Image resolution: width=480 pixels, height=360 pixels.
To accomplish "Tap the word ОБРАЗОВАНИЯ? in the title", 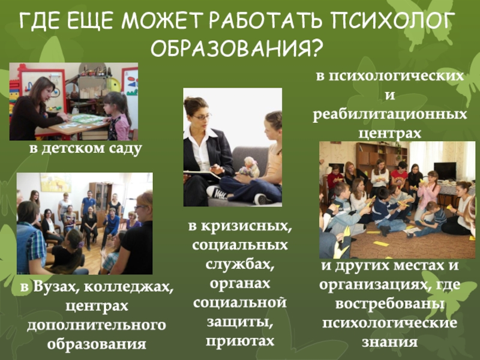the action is click(x=237, y=48).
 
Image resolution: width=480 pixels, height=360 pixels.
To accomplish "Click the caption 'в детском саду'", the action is click(x=86, y=148).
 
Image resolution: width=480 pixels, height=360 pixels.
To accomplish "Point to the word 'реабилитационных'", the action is click(x=389, y=115).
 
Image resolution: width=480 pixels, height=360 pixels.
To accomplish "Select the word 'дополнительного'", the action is click(x=97, y=325).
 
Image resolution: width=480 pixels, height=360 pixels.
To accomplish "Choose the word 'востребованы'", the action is click(x=389, y=304).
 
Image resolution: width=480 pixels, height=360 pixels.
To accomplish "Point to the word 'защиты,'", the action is click(x=240, y=322).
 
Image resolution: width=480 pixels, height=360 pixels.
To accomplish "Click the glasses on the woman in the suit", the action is click(x=202, y=116).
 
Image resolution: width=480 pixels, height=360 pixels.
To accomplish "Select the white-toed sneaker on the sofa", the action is click(x=217, y=192).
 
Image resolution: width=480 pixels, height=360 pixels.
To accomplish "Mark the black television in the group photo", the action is click(x=445, y=170).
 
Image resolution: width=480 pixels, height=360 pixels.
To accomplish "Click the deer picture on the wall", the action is click(x=56, y=183).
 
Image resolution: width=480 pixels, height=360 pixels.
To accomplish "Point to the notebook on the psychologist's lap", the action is click(x=202, y=175).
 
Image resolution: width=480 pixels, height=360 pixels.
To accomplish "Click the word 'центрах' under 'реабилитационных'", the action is click(x=389, y=133).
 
